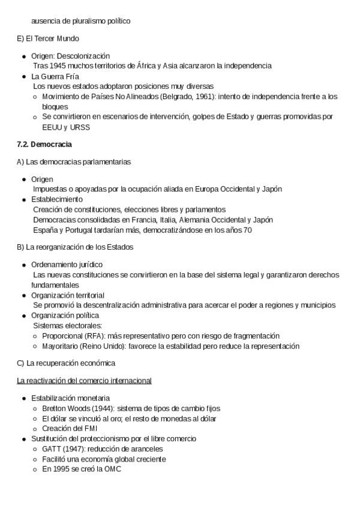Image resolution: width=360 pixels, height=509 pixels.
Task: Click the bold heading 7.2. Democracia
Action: tap(45, 145)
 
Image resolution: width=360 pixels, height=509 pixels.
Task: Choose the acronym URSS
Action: tap(79, 127)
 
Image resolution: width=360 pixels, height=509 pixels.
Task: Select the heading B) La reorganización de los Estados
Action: tap(75, 247)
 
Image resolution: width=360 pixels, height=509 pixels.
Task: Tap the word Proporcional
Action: tap(63, 336)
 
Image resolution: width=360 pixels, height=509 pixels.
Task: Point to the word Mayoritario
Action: tap(61, 346)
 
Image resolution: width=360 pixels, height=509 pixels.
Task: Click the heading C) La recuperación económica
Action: tap(66, 363)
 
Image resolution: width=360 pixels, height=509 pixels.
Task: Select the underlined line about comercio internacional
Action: tap(84, 381)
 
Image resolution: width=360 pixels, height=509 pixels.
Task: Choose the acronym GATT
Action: tap(52, 449)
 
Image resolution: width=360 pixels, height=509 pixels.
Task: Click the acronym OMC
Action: tap(112, 469)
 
